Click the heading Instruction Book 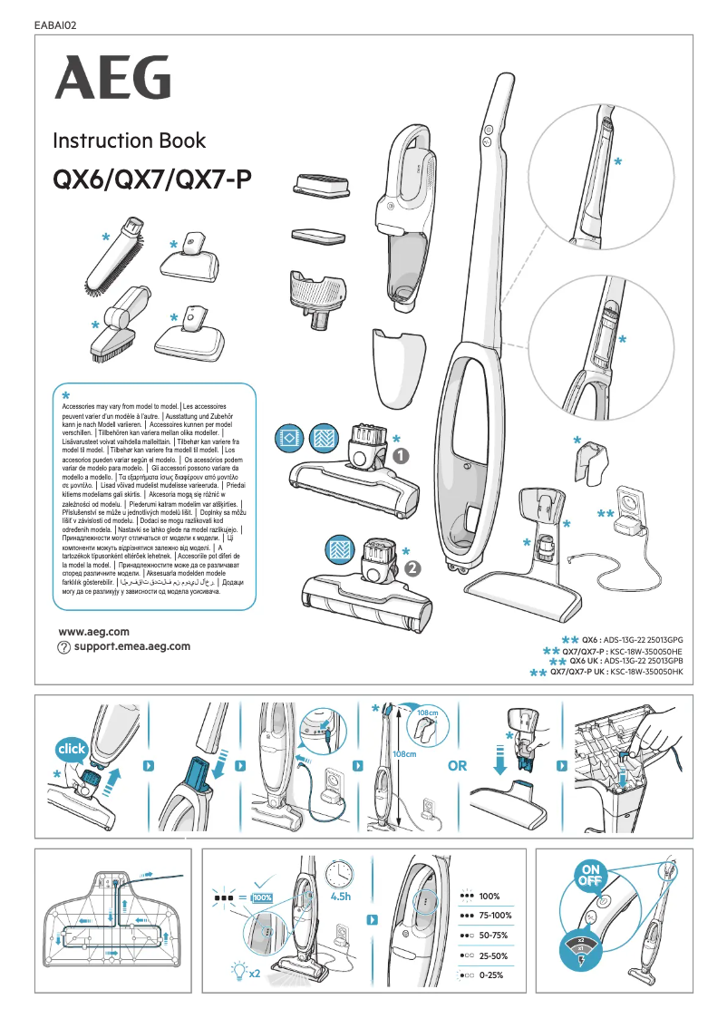pos(129,141)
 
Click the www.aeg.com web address pos(93,631)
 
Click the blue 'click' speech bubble pos(72,751)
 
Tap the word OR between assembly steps pos(458,766)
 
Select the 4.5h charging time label pos(341,897)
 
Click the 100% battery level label pos(490,896)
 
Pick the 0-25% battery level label pos(491,975)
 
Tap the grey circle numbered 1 pos(402,456)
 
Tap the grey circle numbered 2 pos(412,568)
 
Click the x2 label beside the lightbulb pos(255,974)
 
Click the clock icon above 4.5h pos(340,874)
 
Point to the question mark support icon pos(63,647)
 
